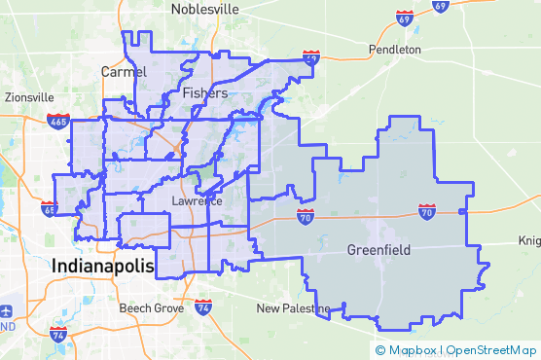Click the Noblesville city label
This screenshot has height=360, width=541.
click(x=205, y=9)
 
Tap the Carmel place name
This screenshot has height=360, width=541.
click(x=124, y=72)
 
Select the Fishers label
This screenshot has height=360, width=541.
click(x=205, y=93)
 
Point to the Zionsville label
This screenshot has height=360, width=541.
click(x=29, y=97)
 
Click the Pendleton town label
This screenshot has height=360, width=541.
click(x=395, y=49)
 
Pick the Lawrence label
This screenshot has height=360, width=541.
click(x=197, y=201)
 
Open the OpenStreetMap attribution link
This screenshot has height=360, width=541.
click(x=493, y=349)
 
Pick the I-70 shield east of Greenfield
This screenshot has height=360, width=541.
click(x=426, y=210)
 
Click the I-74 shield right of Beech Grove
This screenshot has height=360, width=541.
click(x=202, y=307)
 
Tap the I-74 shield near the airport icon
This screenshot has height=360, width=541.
click(x=58, y=336)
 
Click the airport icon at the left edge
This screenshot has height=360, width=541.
click(x=7, y=311)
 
